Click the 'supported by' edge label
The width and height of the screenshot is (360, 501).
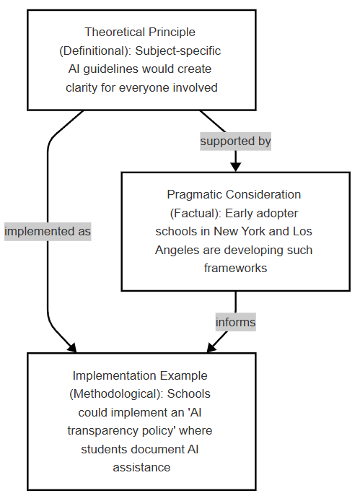coord(235,141)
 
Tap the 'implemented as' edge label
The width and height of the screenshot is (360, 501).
coord(48,231)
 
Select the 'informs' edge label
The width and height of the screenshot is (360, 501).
coord(235,322)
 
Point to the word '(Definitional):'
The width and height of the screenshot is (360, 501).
coord(95,51)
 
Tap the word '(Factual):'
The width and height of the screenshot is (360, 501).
coord(196,213)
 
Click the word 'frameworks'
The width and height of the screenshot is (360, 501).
coord(235,268)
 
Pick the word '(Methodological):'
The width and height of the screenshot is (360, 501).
coord(117,393)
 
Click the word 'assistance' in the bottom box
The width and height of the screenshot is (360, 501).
coord(141,467)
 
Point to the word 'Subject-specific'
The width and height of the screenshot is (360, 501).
coord(178,51)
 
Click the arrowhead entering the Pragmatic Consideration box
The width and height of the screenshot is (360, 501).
coord(235,167)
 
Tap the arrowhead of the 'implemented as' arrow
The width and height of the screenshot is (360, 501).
coord(72,348)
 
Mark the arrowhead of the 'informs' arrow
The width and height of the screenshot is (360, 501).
coord(211,348)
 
